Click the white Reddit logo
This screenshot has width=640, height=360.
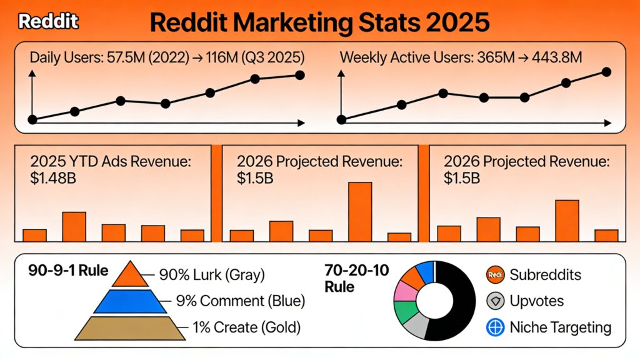[x=48, y=22]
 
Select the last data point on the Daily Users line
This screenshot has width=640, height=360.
[x=299, y=75]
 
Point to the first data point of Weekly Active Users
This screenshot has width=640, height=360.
[x=341, y=119]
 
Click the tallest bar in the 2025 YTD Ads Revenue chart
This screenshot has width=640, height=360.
[x=74, y=226]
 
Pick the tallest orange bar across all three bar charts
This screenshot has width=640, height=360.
[x=360, y=211]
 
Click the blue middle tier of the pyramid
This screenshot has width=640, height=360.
[x=130, y=301]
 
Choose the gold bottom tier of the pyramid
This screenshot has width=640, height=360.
[x=130, y=327]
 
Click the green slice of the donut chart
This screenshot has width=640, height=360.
[x=407, y=311]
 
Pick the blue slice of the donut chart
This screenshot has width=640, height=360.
[x=425, y=271]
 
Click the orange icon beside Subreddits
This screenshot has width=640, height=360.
[x=494, y=274]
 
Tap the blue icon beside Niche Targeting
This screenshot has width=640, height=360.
[x=494, y=327]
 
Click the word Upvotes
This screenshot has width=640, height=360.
[x=536, y=301]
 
